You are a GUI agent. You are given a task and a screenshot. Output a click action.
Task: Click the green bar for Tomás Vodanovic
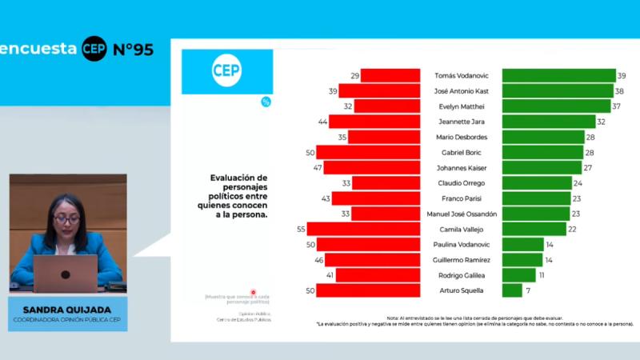[558, 75]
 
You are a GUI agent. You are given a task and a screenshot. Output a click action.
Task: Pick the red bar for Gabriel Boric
[368, 152]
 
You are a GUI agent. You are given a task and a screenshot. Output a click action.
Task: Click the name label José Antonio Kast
[462, 91]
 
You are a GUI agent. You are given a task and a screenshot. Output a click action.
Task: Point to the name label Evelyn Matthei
[461, 106]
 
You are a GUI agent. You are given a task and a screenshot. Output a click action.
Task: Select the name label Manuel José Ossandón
[461, 214]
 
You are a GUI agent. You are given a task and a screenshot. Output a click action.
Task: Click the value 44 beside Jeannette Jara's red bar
[322, 122]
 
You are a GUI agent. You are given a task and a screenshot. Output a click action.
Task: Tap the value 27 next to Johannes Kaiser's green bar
[587, 168]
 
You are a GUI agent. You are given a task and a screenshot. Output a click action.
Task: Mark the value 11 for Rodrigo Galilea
[542, 275]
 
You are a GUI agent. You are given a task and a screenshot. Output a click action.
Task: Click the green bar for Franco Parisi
[535, 198]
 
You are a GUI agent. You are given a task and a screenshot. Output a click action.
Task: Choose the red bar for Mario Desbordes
[384, 137]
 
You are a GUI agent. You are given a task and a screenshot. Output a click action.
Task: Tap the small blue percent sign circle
[266, 102]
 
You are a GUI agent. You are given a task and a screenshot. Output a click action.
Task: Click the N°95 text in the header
[133, 49]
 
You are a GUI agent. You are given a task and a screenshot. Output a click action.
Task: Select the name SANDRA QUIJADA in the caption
[66, 308]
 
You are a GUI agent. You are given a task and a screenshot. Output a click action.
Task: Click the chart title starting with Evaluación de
[239, 196]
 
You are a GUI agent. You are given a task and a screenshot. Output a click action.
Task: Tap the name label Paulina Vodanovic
[461, 245]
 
